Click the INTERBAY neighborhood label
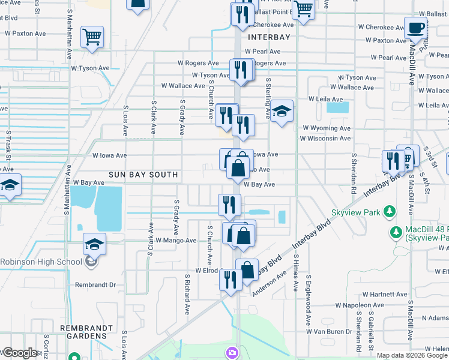(269, 37)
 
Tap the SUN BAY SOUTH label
(143, 175)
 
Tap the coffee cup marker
(415, 28)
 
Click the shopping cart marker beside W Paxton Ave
(92, 37)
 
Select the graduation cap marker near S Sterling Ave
(281, 111)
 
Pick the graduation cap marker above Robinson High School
(94, 244)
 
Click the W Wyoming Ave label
(326, 128)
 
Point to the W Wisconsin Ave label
(325, 139)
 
